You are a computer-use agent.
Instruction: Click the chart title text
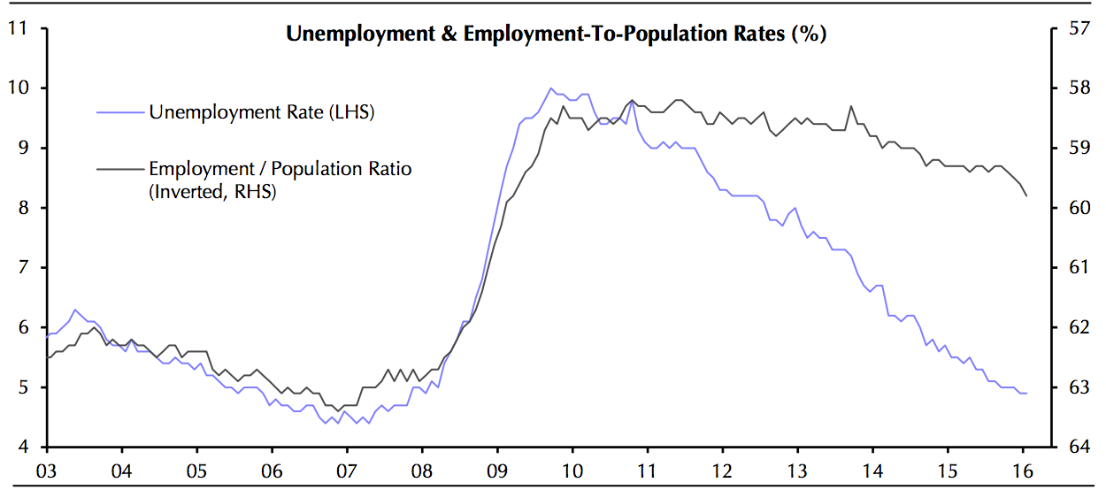[556, 34]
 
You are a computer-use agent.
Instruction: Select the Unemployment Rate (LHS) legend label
[262, 112]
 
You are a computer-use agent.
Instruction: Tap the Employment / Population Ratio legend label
[280, 168]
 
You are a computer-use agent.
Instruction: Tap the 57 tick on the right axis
[1078, 28]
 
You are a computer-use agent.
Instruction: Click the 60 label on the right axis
[1078, 208]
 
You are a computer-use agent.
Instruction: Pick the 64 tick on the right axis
[1078, 448]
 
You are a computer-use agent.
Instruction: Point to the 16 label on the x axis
[1023, 471]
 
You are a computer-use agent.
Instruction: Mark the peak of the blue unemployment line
[550, 88]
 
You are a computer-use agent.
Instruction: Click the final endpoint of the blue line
[1026, 393]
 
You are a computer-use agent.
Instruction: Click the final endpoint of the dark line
[1026, 195]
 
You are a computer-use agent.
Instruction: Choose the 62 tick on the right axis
[1078, 327]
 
